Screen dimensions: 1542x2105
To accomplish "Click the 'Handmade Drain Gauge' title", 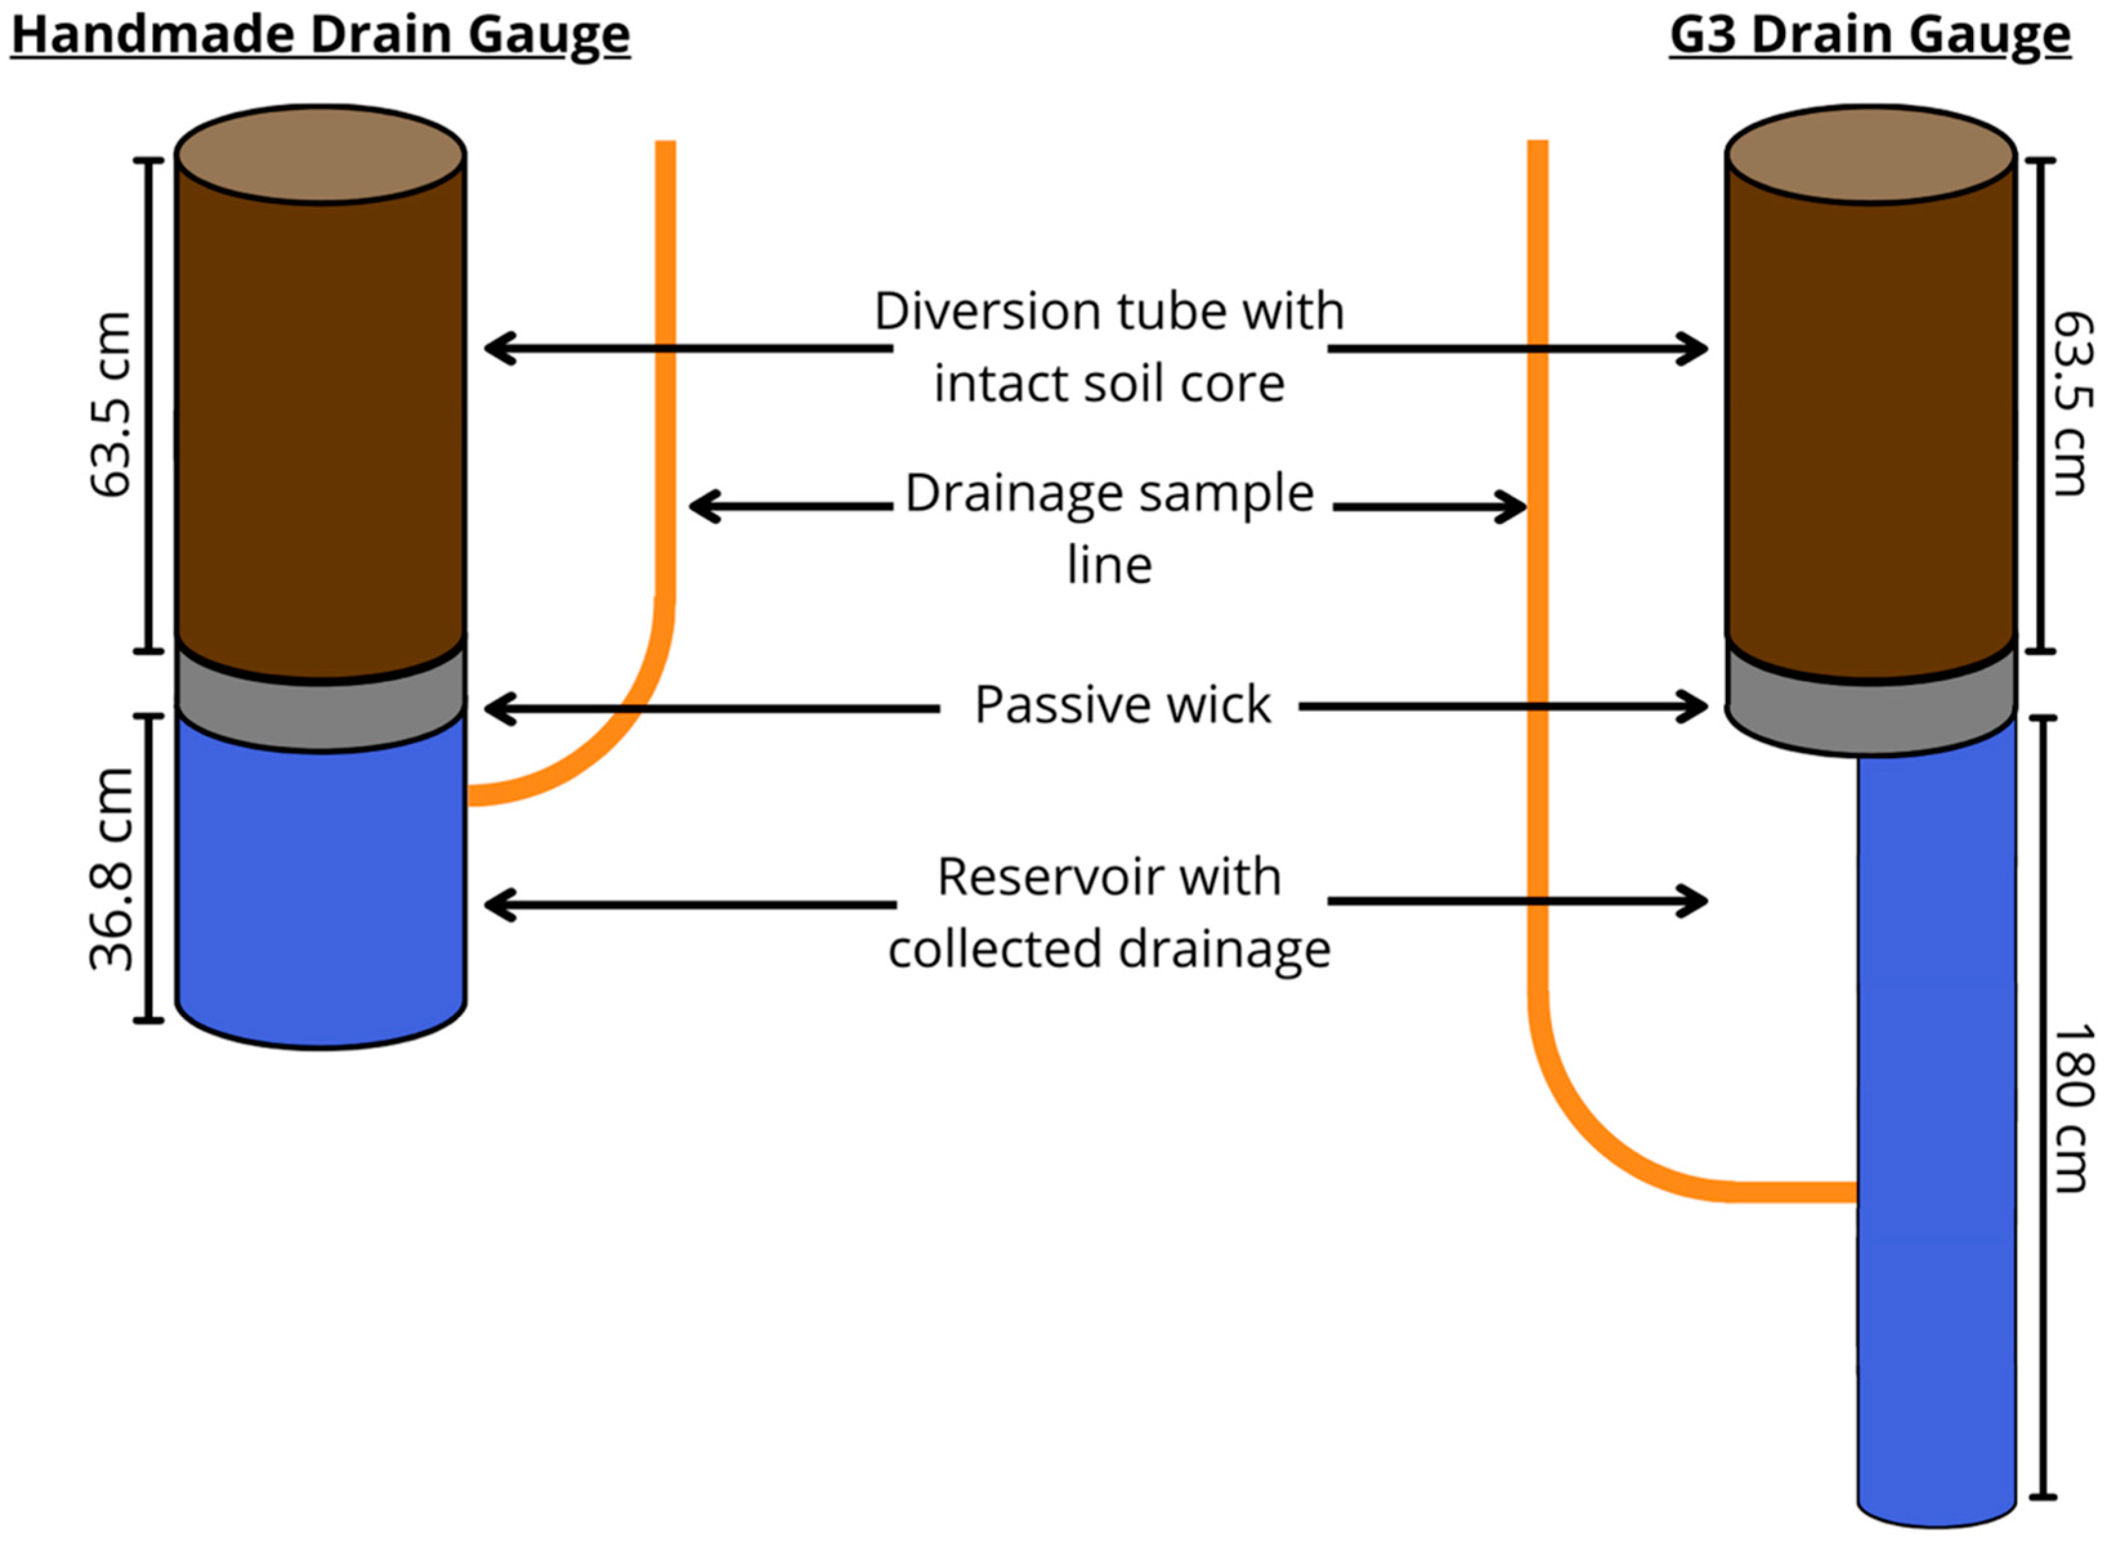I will tap(320, 35).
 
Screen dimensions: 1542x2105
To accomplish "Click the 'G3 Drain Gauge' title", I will tap(1870, 35).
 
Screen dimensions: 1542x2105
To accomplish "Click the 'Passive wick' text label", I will tap(1121, 705).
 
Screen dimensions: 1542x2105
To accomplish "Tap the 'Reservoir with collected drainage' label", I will tap(1109, 912).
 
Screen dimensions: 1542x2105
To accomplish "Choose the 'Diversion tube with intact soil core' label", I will tap(1109, 348).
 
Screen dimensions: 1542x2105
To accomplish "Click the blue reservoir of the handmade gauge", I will tap(320, 887).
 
